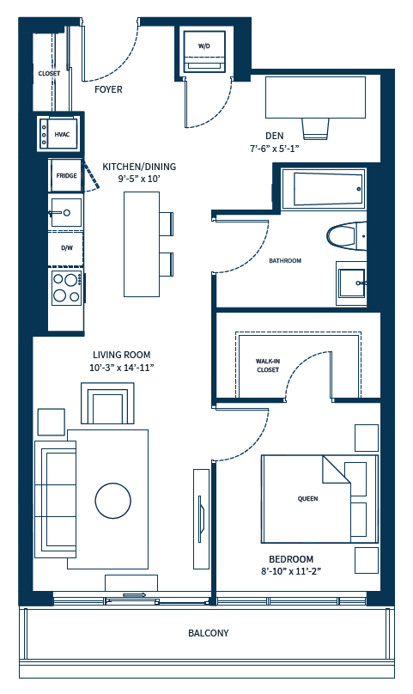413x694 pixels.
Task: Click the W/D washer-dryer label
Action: point(204,46)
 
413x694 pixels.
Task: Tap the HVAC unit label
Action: point(62,135)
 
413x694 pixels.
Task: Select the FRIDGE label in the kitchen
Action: point(66,176)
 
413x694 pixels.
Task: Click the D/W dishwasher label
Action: point(67,248)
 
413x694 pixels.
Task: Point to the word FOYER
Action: point(108,89)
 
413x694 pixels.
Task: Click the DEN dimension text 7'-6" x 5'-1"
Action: point(275,149)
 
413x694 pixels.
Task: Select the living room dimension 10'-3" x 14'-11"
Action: point(122,368)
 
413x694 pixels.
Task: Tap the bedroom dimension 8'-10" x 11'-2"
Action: point(291,571)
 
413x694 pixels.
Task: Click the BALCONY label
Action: point(209,633)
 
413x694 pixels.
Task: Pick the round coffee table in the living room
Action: point(112,501)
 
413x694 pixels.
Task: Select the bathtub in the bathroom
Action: point(324,189)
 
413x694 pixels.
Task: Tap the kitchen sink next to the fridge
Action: point(66,213)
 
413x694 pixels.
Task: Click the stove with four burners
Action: point(67,288)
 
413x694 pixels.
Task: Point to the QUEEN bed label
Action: point(307,499)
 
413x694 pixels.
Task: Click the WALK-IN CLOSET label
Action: point(268,366)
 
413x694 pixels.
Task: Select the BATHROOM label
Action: point(285,261)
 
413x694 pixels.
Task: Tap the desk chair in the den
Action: point(316,129)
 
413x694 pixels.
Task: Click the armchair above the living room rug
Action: point(107,403)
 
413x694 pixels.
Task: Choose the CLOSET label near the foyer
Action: point(49,74)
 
